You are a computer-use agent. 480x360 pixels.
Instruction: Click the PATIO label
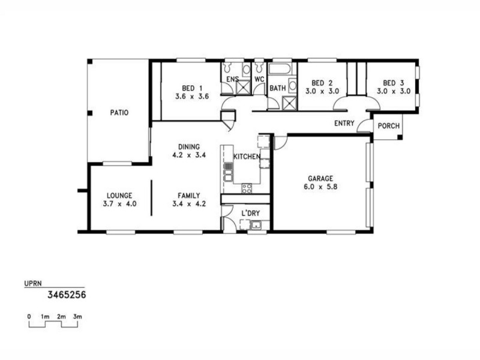tap(119, 112)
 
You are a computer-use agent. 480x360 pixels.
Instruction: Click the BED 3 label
tap(393, 83)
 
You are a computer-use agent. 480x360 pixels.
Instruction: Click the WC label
tap(259, 79)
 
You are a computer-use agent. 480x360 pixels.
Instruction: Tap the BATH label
tap(277, 88)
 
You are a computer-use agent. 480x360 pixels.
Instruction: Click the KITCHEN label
tap(247, 157)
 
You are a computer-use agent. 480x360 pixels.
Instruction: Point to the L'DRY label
tap(250, 213)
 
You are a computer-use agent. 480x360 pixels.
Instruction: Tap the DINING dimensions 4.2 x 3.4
tap(188, 155)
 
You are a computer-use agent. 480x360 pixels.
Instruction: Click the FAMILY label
tap(188, 195)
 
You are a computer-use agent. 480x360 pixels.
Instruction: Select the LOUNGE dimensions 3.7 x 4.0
tap(119, 204)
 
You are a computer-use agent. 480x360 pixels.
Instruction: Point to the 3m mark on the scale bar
tap(77, 316)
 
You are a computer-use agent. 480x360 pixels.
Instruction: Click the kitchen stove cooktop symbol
tap(247, 188)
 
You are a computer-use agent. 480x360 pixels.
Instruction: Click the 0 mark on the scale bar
tap(29, 316)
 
